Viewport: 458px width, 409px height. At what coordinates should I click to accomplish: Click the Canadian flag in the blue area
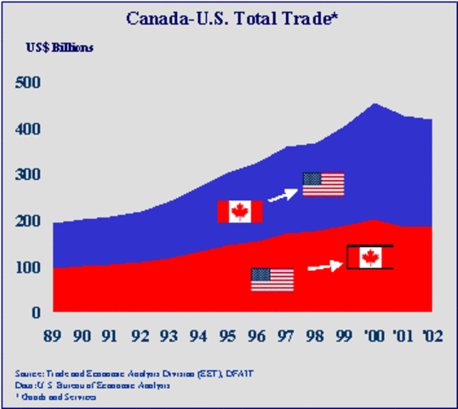pyautogui.click(x=239, y=211)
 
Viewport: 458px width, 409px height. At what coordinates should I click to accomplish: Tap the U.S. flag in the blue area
pyautogui.click(x=323, y=184)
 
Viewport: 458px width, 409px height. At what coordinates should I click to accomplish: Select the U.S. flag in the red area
pyautogui.click(x=272, y=279)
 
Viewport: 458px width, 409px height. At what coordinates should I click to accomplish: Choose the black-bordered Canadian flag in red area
pyautogui.click(x=369, y=257)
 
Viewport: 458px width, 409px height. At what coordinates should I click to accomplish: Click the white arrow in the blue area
pyautogui.click(x=282, y=197)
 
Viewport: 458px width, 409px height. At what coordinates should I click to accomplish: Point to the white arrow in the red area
pyautogui.click(x=323, y=266)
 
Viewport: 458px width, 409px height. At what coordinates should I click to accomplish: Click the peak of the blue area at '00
pyautogui.click(x=375, y=105)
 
